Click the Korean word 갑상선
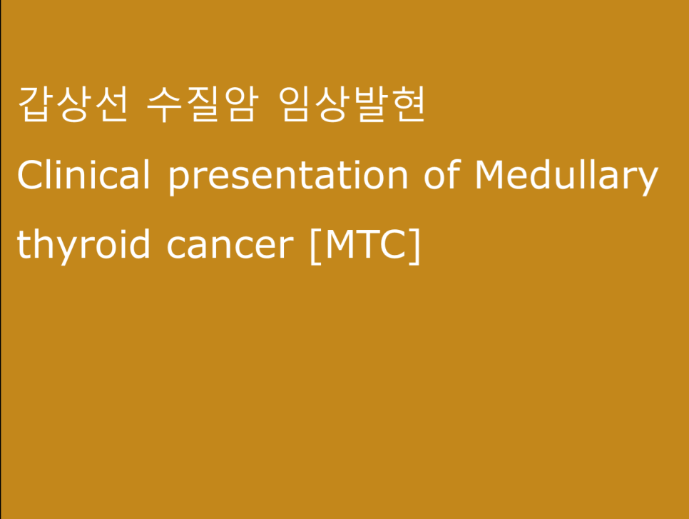(73, 104)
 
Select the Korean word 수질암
(201, 104)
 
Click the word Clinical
(83, 174)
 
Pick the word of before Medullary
(442, 174)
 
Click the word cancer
(230, 247)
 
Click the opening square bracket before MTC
(315, 246)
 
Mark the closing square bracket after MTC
(415, 246)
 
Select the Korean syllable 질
(201, 104)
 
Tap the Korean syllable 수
(163, 104)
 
